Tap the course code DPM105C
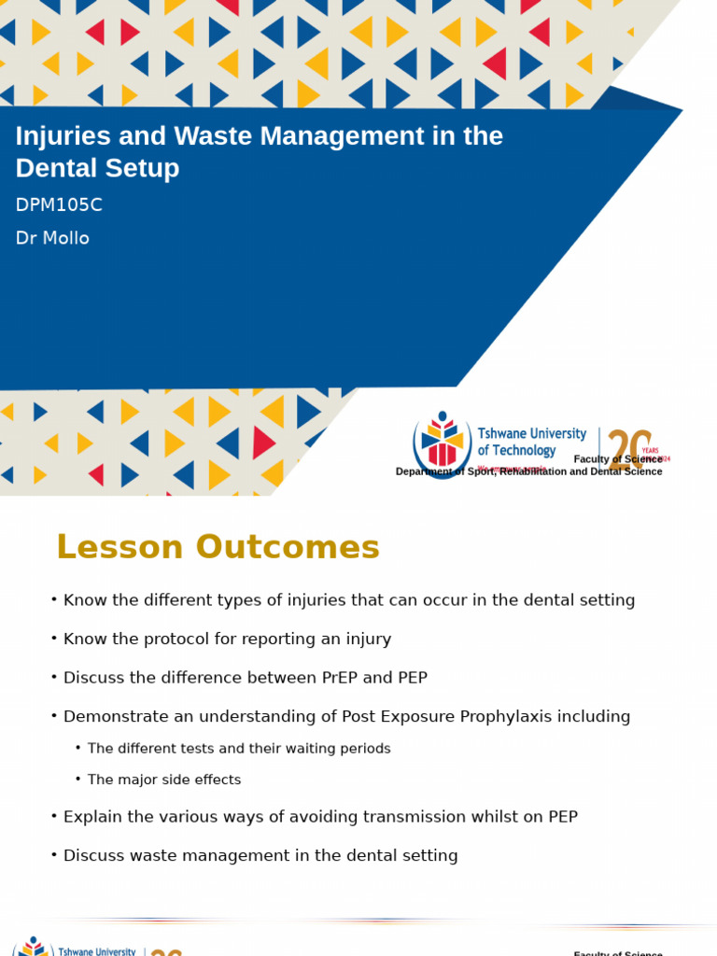[x=59, y=205]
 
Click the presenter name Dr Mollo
[x=52, y=238]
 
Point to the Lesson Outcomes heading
[x=218, y=547]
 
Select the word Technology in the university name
[x=524, y=450]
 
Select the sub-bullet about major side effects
[x=164, y=780]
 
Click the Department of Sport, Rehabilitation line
[x=528, y=471]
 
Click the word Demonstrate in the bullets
[x=115, y=717]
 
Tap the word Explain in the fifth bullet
[x=93, y=817]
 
